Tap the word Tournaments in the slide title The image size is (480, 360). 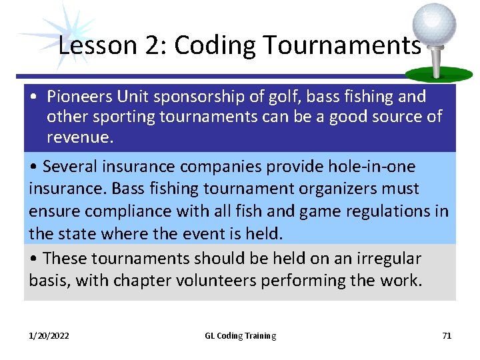coord(343,45)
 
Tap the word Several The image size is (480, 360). coord(73,166)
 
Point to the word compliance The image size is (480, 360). coord(117,211)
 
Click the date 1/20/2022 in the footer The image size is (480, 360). coord(49,336)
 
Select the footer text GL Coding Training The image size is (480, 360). coord(240,336)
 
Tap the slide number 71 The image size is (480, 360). coord(447,336)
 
